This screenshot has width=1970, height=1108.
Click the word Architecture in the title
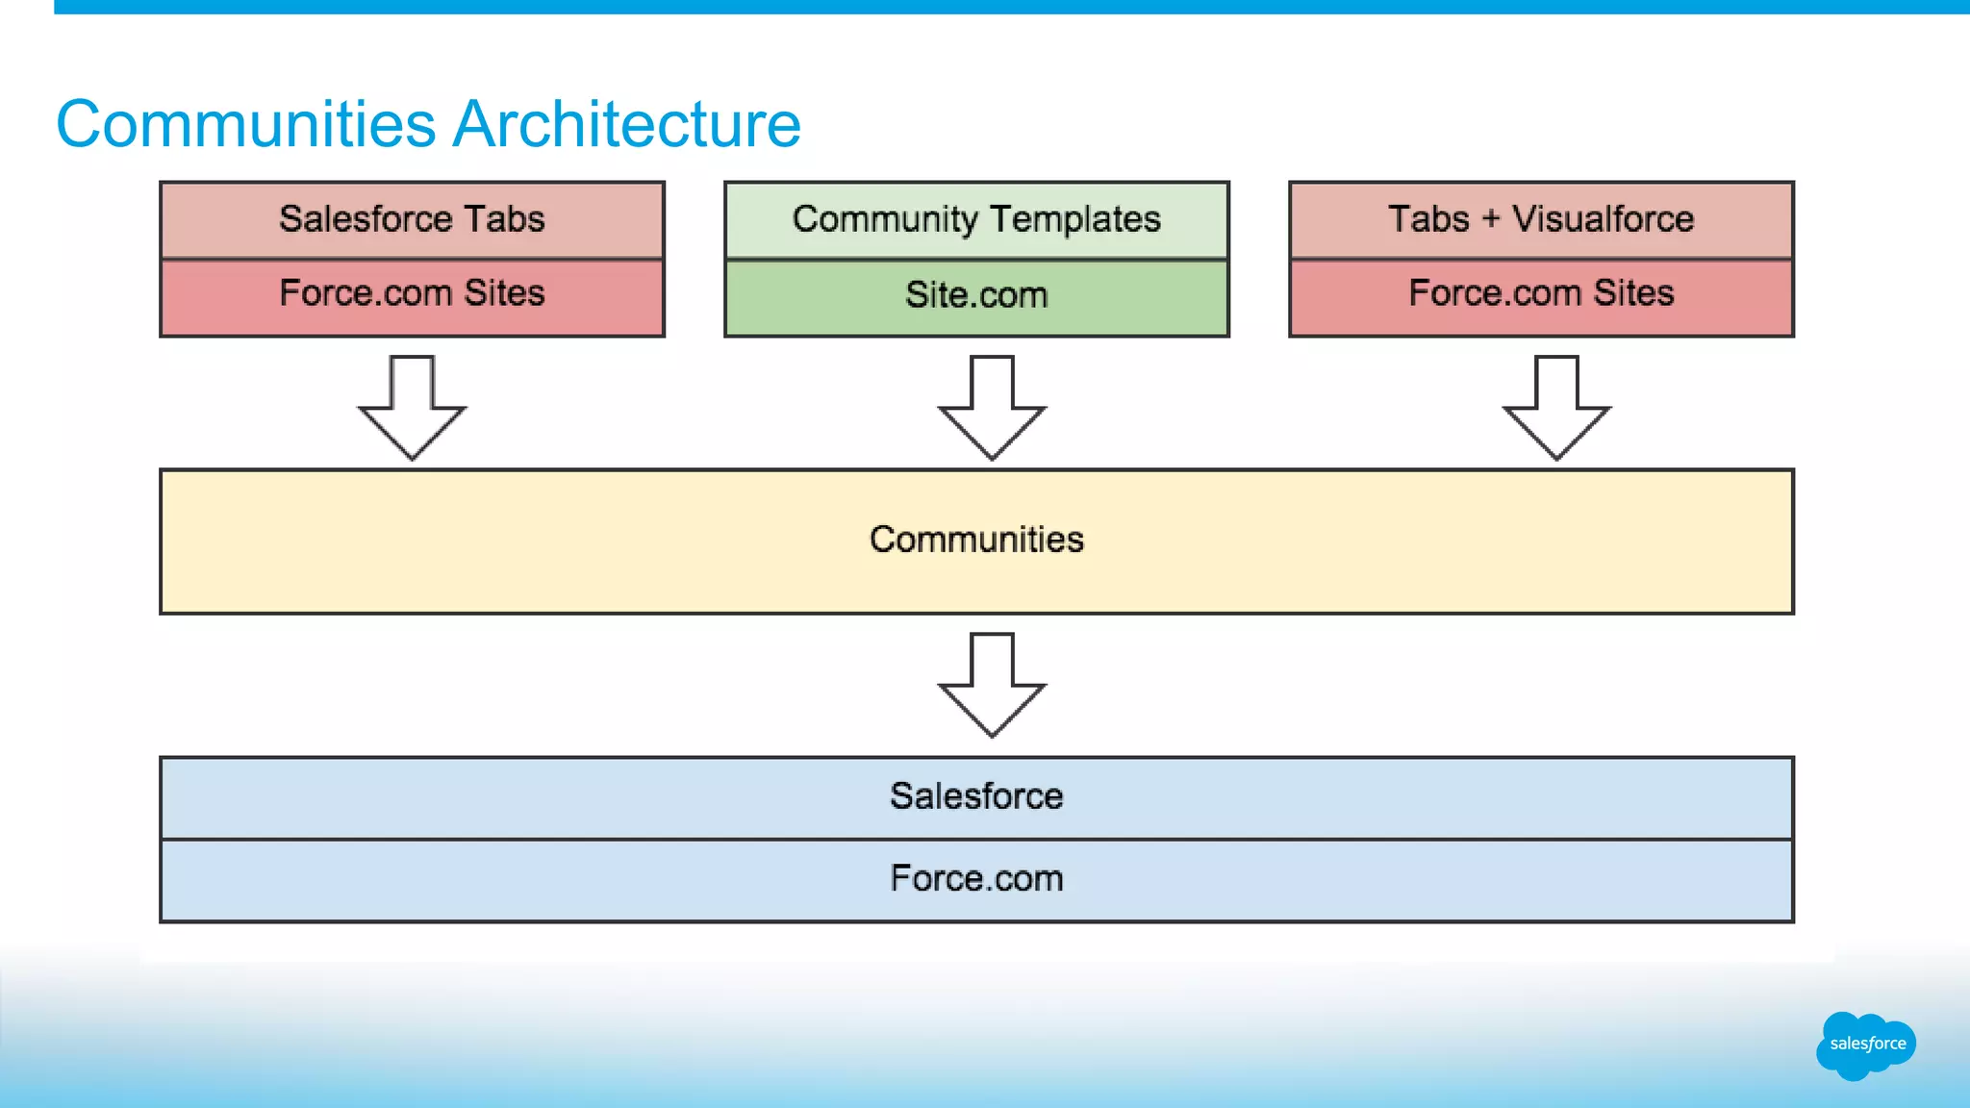pyautogui.click(x=626, y=124)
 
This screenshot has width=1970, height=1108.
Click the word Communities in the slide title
pyautogui.click(x=246, y=124)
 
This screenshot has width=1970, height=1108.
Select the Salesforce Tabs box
pyautogui.click(x=412, y=219)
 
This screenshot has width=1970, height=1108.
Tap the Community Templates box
pyautogui.click(x=976, y=219)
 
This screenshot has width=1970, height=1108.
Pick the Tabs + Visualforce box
pyautogui.click(x=1541, y=219)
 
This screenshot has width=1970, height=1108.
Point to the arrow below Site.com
pyautogui.click(x=992, y=409)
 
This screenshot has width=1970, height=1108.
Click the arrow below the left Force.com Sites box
pyautogui.click(x=413, y=409)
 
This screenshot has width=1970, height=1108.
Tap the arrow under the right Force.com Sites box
pyautogui.click(x=1556, y=409)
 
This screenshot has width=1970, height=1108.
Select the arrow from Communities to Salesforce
pyautogui.click(x=992, y=686)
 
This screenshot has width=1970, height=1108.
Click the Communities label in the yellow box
pyautogui.click(x=976, y=540)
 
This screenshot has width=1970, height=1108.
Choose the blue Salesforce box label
pyautogui.click(x=976, y=796)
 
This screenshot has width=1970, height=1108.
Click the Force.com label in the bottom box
pyautogui.click(x=976, y=879)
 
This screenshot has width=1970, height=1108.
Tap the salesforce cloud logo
pyautogui.click(x=1866, y=1045)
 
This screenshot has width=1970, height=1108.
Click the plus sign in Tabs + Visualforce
pyautogui.click(x=1490, y=219)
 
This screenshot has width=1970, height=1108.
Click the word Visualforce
pyautogui.click(x=1603, y=219)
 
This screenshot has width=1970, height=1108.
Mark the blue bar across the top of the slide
pyautogui.click(x=1010, y=7)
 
